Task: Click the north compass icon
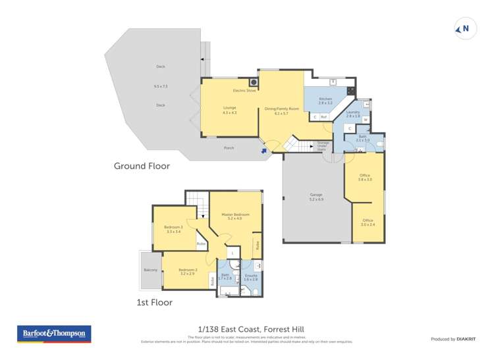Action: click(465, 29)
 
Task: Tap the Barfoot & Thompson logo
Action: click(54, 334)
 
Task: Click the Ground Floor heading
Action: click(142, 166)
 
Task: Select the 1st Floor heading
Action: click(153, 303)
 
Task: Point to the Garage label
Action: click(316, 195)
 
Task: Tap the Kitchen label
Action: click(325, 99)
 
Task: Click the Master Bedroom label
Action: click(235, 215)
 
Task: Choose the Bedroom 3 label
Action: click(173, 228)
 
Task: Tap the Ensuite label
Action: click(251, 275)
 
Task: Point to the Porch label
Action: click(229, 147)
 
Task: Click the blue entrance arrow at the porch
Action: click(265, 151)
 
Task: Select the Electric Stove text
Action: click(244, 90)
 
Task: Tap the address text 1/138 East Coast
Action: click(223, 329)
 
